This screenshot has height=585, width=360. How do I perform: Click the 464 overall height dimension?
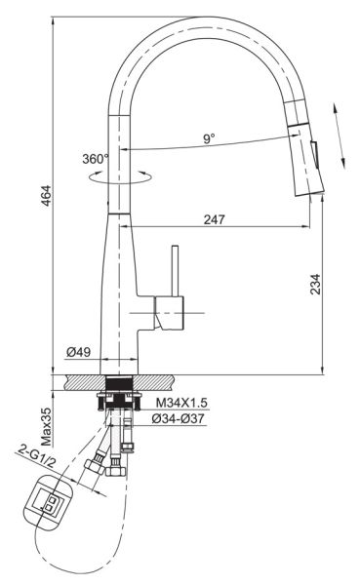(x=46, y=196)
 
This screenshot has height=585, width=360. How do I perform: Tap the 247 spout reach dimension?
(x=215, y=219)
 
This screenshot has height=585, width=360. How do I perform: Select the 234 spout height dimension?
(x=315, y=285)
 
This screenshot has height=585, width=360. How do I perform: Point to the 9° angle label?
(x=209, y=138)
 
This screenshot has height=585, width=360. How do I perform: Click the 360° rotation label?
(x=96, y=159)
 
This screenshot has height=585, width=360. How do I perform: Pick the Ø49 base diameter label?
(x=78, y=351)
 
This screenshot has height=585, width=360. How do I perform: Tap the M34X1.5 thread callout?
(x=181, y=403)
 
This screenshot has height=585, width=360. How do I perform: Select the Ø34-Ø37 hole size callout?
(x=179, y=418)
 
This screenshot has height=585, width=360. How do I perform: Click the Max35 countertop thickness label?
(x=46, y=427)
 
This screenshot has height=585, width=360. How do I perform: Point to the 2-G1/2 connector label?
(x=37, y=457)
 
